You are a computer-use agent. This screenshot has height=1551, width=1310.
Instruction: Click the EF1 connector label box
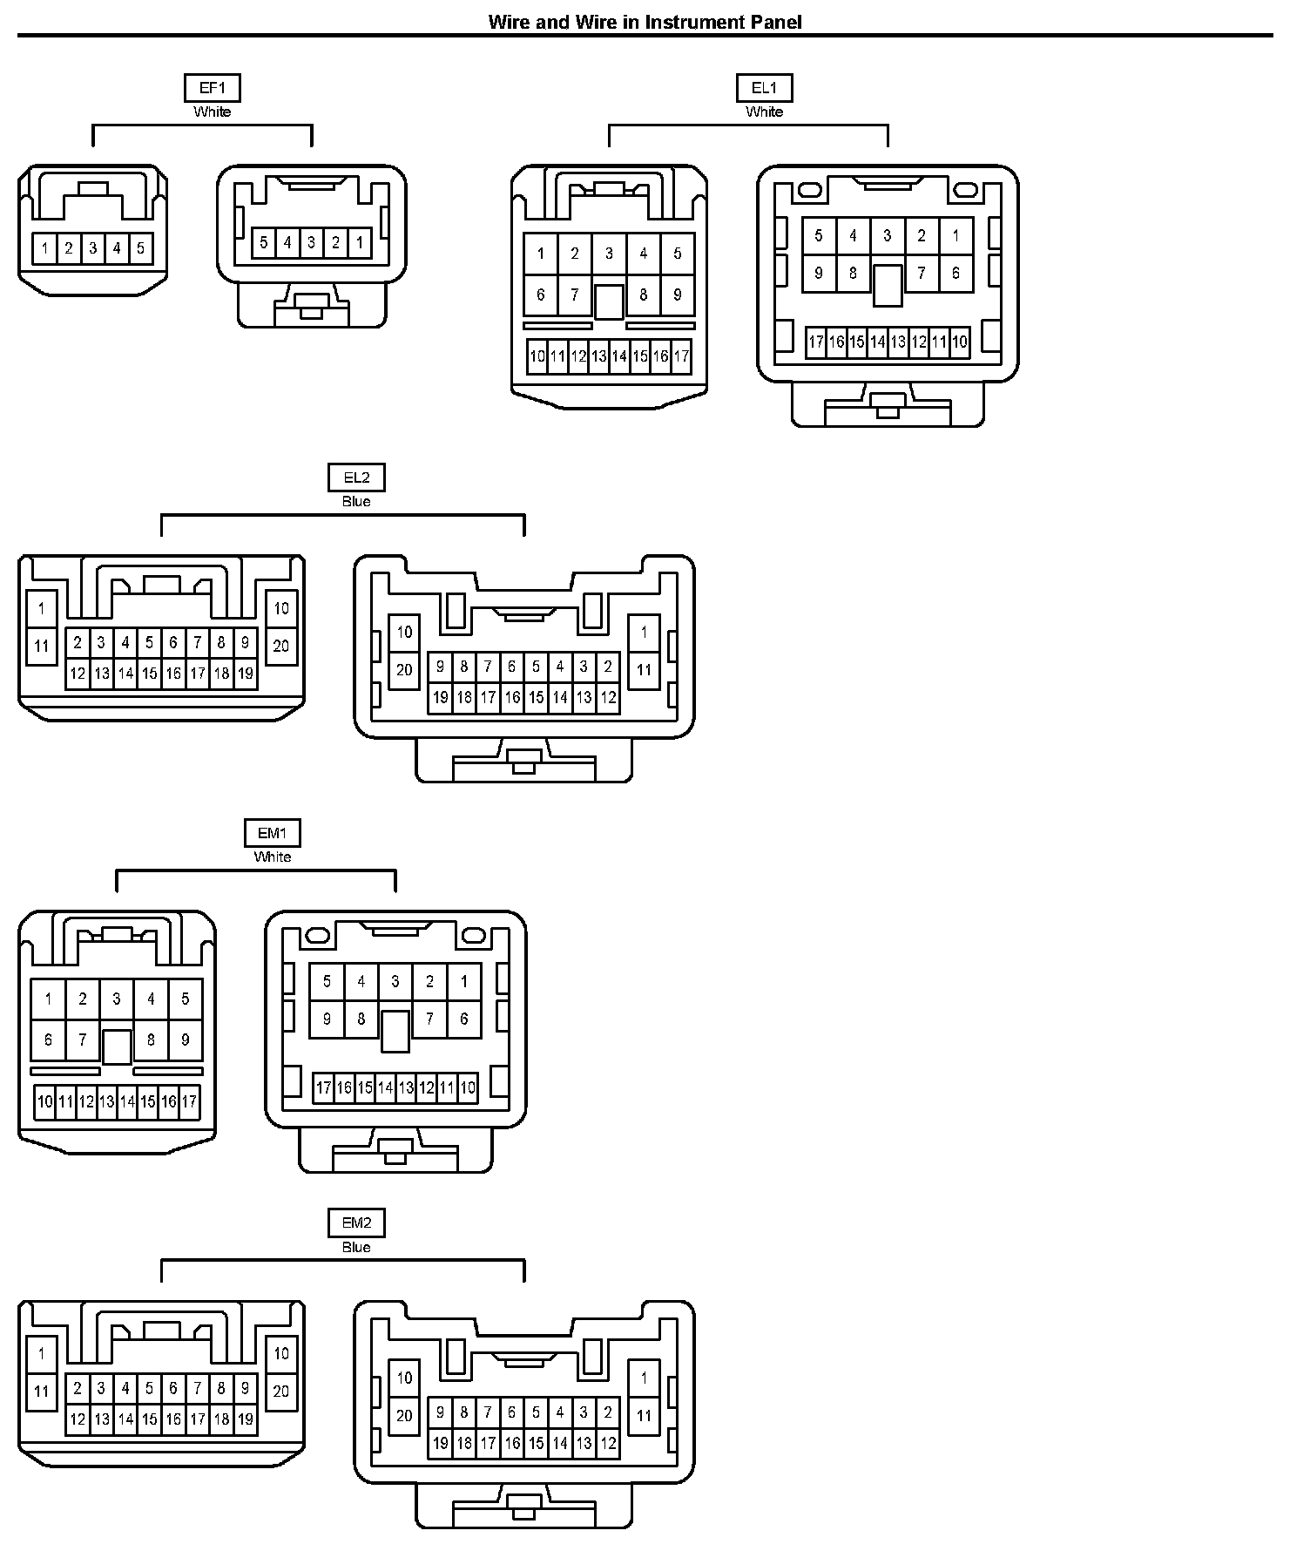click(213, 88)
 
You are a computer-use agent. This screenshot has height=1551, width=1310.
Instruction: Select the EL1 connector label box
click(764, 88)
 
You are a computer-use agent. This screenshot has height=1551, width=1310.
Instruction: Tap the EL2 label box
click(356, 477)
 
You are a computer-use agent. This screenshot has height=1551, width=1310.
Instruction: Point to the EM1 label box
click(272, 833)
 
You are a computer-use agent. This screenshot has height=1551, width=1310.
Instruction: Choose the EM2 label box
click(356, 1223)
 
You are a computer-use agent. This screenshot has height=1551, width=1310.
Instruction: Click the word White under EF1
click(213, 112)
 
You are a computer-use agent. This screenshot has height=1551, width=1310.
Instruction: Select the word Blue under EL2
click(356, 501)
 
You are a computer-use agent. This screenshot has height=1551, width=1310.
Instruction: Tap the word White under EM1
click(272, 857)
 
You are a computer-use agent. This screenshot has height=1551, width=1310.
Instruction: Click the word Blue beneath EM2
click(356, 1247)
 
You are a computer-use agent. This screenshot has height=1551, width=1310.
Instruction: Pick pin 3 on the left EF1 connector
click(92, 248)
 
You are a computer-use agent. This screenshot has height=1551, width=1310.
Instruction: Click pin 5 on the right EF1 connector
click(264, 242)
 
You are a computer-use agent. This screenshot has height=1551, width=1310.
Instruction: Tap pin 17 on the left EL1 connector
click(681, 356)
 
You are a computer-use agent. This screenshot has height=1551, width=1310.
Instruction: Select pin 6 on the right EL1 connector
click(955, 273)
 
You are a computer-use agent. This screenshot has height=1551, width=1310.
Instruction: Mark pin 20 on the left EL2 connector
click(280, 646)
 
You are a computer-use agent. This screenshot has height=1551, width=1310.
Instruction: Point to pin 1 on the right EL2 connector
click(644, 632)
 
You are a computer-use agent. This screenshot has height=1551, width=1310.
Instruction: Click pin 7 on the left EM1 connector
click(83, 1040)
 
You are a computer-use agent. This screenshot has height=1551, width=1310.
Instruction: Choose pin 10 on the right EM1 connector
click(467, 1087)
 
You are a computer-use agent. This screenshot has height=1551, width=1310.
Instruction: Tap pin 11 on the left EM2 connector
click(41, 1392)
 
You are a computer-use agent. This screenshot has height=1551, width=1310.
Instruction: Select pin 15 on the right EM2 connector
click(536, 1442)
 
